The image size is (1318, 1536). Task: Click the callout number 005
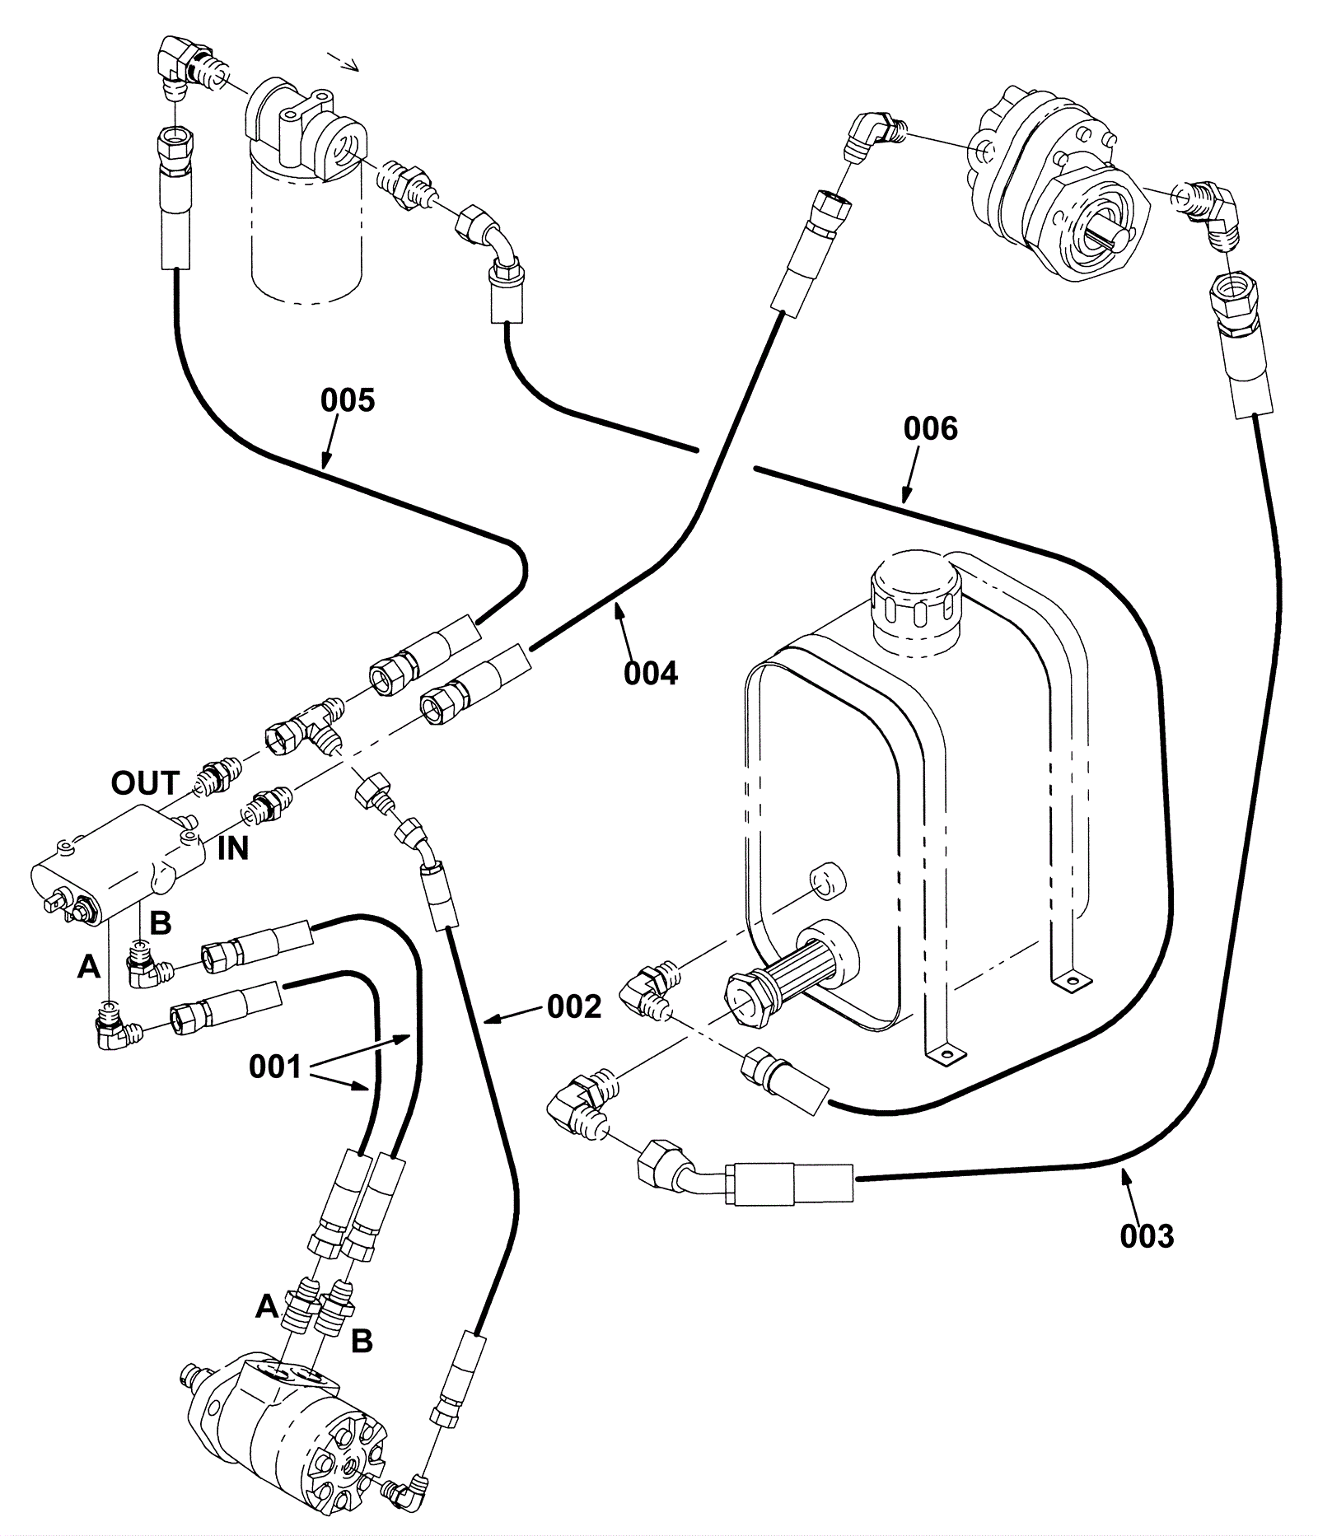coord(347,400)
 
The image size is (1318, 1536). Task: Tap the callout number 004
coord(650,673)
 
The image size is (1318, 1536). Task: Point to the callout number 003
coord(1147,1236)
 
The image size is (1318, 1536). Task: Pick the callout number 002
coord(574,1006)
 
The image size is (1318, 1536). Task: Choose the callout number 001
coord(275,1067)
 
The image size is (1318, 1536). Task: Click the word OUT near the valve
coord(145,783)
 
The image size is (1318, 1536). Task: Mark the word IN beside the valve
coord(232,849)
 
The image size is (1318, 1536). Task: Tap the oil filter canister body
coord(306,239)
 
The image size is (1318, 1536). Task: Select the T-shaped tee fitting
coord(305,725)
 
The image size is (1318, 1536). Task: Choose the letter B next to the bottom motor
coord(362,1342)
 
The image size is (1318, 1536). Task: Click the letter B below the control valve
coord(160,923)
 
